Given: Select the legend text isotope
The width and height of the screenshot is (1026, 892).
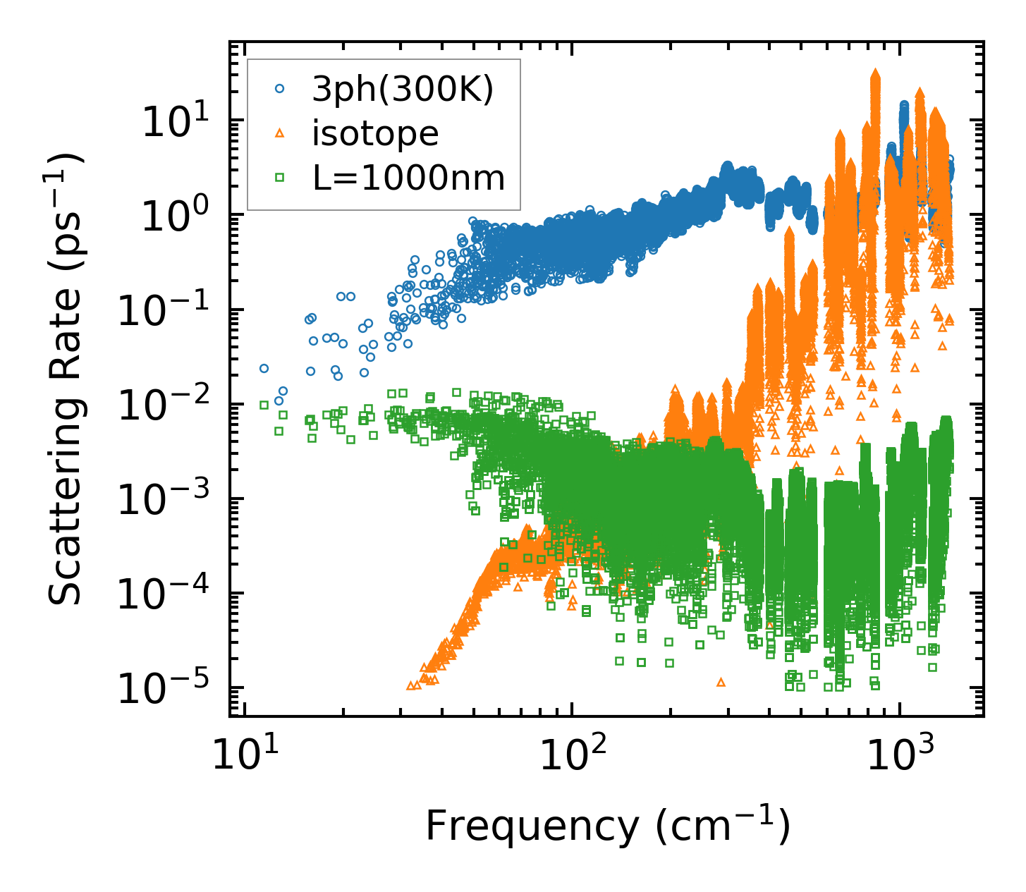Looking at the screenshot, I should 375,134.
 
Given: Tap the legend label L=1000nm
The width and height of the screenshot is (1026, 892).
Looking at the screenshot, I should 409,178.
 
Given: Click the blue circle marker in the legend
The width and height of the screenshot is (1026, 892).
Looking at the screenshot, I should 280,90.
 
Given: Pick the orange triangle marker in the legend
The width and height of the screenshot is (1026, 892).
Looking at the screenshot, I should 280,133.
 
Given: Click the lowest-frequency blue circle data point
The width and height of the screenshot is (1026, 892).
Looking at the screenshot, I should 264,368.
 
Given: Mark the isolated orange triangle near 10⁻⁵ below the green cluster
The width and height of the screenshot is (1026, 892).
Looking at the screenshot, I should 721,682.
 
